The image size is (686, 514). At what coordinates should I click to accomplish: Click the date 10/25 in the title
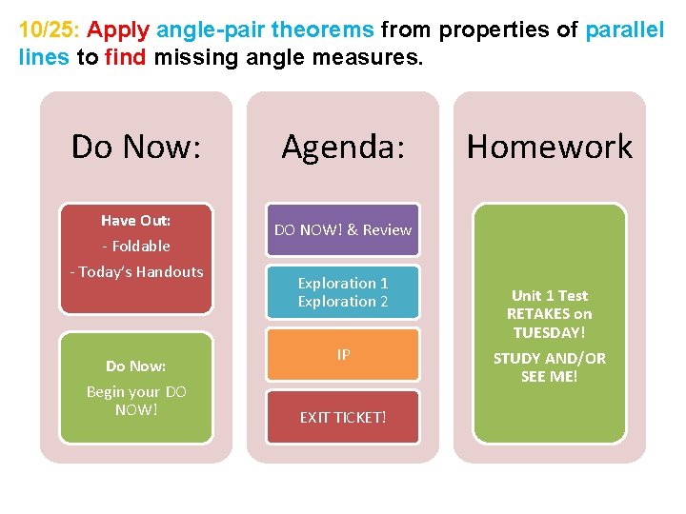40,30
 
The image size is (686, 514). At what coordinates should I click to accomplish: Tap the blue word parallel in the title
624,30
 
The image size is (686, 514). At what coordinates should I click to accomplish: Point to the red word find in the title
124,57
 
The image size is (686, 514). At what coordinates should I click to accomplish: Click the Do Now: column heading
136,147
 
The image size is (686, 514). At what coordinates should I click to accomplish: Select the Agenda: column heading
342,147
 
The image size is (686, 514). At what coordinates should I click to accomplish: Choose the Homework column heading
549,147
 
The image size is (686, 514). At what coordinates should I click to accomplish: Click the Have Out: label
136,221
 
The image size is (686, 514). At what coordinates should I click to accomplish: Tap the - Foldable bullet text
136,246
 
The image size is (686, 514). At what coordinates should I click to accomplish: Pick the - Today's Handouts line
136,271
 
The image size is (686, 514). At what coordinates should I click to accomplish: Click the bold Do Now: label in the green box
136,366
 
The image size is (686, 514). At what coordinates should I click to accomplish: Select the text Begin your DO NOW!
136,401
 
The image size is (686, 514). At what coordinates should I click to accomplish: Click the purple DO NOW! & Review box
342,229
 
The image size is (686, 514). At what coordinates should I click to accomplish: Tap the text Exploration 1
342,283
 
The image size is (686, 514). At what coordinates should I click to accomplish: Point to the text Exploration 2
342,301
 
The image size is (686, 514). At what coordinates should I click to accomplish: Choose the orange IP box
342,355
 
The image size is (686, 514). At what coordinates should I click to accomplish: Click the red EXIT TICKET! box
342,417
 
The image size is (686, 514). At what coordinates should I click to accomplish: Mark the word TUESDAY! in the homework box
549,332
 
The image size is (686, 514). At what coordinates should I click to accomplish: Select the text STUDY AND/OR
549,358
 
